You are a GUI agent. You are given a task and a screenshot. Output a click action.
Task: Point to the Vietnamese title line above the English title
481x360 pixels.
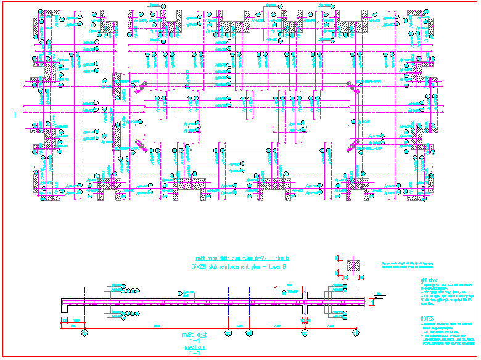[x=238, y=258]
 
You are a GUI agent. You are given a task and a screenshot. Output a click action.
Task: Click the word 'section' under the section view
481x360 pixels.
[x=195, y=347]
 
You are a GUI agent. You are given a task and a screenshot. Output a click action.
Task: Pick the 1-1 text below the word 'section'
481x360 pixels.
[x=195, y=354]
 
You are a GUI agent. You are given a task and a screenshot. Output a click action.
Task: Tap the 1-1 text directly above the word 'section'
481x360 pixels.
[x=195, y=341]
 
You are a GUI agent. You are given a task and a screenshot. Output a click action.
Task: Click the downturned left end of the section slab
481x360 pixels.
[x=63, y=308]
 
